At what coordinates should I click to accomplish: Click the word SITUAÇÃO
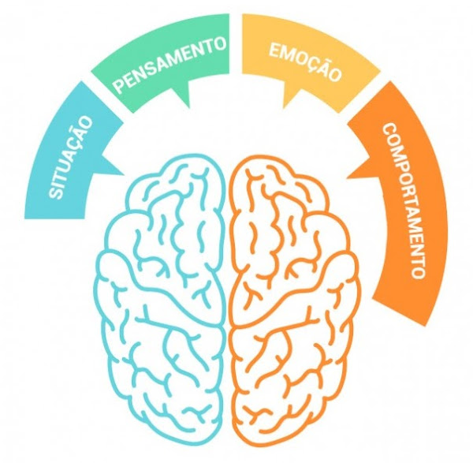click(70, 157)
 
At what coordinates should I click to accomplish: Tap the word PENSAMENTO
click(169, 65)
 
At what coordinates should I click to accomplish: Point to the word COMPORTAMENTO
click(404, 200)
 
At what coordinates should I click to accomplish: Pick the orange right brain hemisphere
click(294, 302)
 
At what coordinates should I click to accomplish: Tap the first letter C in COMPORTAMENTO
click(390, 130)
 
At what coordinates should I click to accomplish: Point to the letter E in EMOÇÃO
click(274, 50)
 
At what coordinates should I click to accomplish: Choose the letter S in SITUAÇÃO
click(56, 192)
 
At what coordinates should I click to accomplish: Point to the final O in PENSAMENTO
click(220, 43)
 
